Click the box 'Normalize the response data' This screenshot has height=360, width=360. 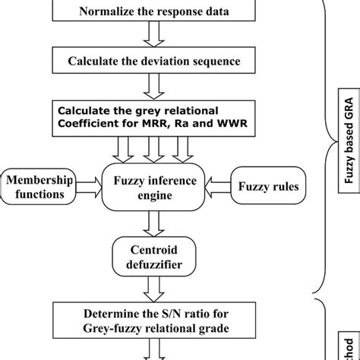pyautogui.click(x=155, y=11)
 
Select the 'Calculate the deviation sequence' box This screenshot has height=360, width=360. pyautogui.click(x=155, y=61)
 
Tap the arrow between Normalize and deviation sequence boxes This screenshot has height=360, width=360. pyautogui.click(x=155, y=36)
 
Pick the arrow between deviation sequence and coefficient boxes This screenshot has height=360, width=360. pyautogui.click(x=155, y=85)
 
